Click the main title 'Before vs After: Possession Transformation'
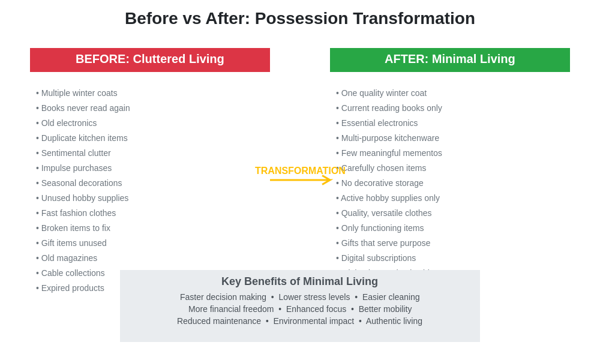pyautogui.click(x=299, y=19)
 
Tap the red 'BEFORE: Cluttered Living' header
pyautogui.click(x=150, y=59)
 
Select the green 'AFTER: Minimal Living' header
pyautogui.click(x=450, y=59)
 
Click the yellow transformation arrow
pyautogui.click(x=300, y=180)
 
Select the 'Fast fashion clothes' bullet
pyautogui.click(x=76, y=213)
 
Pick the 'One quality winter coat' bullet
pyautogui.click(x=382, y=93)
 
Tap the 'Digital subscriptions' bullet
pyautogui.click(x=376, y=258)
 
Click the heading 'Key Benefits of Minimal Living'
pyautogui.click(x=299, y=281)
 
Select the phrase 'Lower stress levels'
pyautogui.click(x=314, y=297)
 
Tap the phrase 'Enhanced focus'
pyautogui.click(x=316, y=309)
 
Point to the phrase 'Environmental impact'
pyautogui.click(x=313, y=321)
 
